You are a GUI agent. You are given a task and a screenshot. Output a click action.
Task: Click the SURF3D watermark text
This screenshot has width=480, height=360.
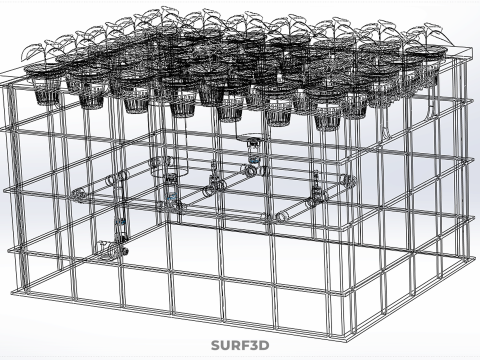pos(240,346)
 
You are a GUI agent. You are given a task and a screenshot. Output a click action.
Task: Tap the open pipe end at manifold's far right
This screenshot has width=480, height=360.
pos(349,179)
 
